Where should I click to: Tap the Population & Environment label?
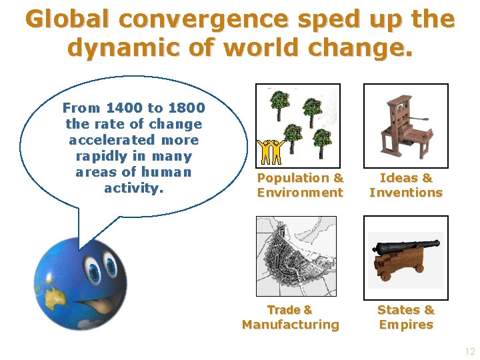pos(300,185)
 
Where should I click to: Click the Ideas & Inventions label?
pos(405,185)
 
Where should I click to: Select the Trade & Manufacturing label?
pos(290,317)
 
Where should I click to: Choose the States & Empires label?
pos(405,317)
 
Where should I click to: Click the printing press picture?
pos(405,125)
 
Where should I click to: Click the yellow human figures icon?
pos(271,153)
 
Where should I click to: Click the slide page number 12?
pos(469,351)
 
